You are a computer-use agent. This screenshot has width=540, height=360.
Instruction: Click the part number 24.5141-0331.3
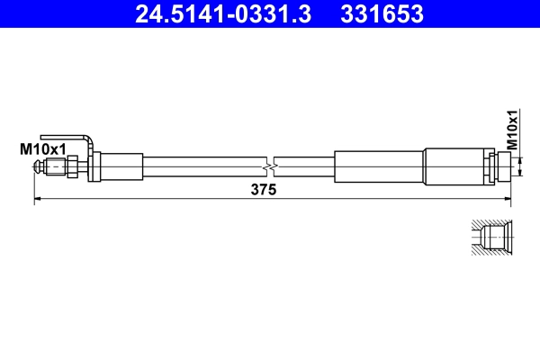point(222,14)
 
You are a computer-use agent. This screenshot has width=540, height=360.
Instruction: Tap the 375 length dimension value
point(263,190)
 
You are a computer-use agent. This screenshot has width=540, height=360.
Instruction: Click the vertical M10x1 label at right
point(512,130)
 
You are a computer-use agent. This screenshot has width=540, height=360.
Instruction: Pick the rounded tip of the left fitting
point(38,167)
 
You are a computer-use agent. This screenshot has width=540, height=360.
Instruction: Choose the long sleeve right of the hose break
point(377,167)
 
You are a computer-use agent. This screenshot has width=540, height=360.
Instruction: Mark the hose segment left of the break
point(202,167)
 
